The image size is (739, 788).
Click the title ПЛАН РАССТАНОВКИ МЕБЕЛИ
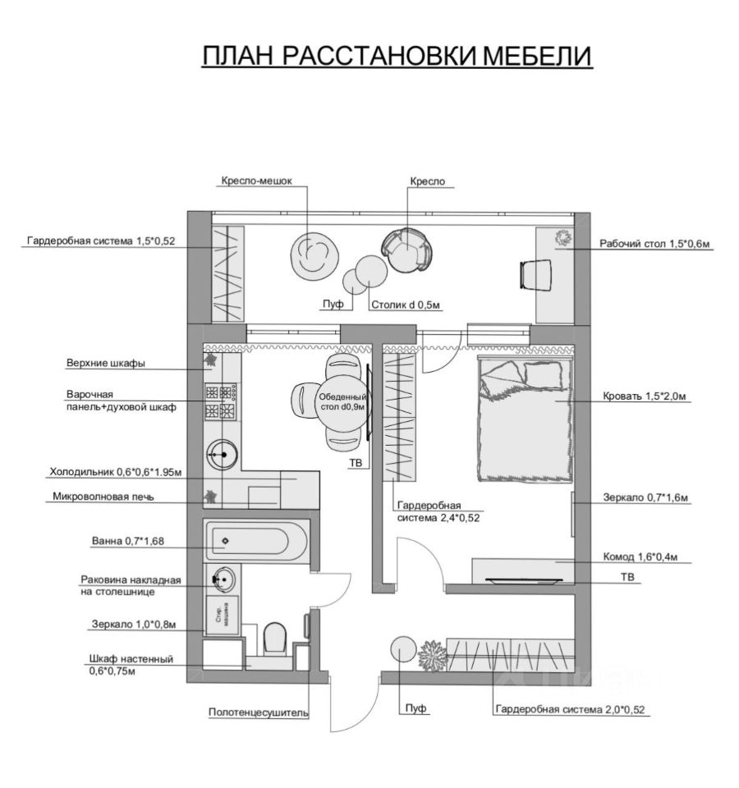[x=397, y=56]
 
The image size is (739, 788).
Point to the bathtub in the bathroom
[x=255, y=541]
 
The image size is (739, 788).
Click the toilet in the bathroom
[x=275, y=638]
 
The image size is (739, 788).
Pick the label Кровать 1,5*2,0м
[x=645, y=396]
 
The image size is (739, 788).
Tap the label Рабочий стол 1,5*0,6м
[x=654, y=243]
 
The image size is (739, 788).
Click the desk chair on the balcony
[x=535, y=273]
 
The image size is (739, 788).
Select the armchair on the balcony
[x=407, y=249]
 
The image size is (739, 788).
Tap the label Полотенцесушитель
[x=258, y=712]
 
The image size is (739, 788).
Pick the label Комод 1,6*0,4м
[x=644, y=555]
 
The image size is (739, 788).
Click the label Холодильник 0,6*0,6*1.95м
[x=115, y=472]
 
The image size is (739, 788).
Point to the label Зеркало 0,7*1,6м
[x=645, y=497]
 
